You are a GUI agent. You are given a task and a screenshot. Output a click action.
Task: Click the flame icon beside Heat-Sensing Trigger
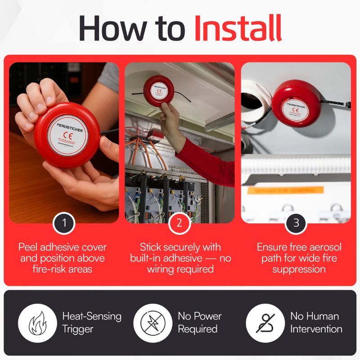coord(37,323)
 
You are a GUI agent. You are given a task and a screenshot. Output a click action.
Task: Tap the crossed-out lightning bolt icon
coord(153,323)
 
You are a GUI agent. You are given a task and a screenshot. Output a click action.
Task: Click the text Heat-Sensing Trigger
coord(92,322)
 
